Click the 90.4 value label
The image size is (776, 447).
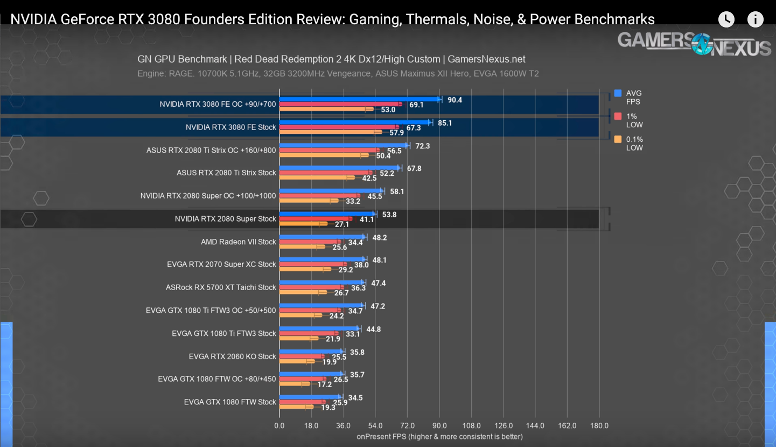tap(455, 100)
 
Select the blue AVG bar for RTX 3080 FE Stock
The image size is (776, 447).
tap(355, 122)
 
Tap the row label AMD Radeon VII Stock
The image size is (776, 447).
tap(238, 242)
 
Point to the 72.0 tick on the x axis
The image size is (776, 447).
tap(407, 425)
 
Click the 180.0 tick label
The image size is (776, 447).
tap(599, 425)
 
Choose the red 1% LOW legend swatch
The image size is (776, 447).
tap(618, 116)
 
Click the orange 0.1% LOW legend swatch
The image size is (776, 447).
tap(618, 139)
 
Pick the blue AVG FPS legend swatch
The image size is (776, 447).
tap(618, 93)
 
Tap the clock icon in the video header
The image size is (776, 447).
tap(726, 19)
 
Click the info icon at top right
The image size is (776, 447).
tap(755, 19)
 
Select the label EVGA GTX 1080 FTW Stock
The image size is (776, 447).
tap(230, 402)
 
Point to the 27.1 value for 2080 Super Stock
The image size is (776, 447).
tap(341, 224)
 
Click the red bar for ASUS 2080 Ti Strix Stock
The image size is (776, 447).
tap(326, 173)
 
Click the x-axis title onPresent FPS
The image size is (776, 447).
tap(439, 436)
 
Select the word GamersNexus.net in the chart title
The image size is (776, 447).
tap(486, 59)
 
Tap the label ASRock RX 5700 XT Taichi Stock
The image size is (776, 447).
tap(221, 287)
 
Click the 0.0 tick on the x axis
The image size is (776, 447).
tap(279, 425)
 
